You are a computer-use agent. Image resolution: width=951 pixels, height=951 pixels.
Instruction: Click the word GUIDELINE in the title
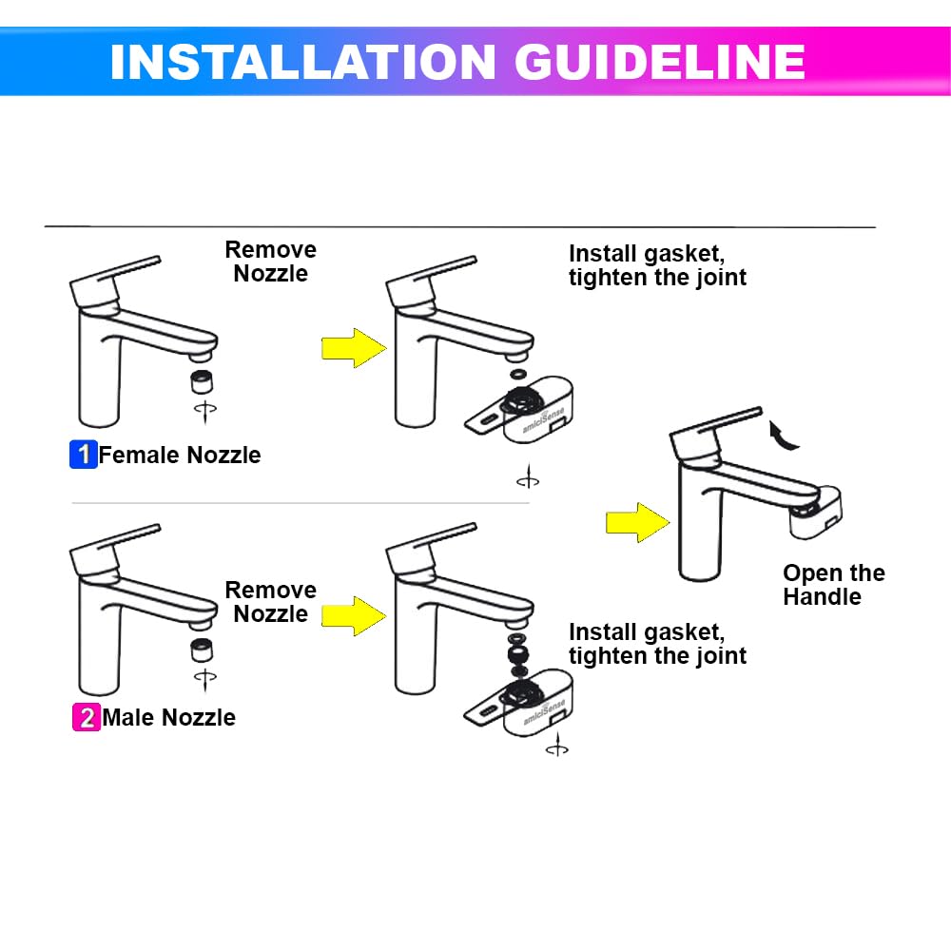pos(660,62)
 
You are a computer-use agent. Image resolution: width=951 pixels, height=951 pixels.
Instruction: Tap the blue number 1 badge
pos(84,455)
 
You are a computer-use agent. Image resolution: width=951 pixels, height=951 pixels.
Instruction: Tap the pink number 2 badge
pos(86,717)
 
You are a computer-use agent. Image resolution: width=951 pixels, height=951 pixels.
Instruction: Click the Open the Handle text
pos(833,585)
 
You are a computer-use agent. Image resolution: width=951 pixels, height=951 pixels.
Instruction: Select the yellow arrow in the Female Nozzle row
pos(353,348)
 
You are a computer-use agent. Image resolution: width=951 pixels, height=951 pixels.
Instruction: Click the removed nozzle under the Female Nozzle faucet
pos(201,381)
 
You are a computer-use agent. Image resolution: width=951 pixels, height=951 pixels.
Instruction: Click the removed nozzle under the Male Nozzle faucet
pos(201,650)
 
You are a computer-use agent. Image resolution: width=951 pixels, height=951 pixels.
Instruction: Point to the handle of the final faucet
pos(718,426)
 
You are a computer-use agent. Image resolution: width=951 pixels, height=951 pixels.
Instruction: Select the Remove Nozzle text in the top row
pos(270,262)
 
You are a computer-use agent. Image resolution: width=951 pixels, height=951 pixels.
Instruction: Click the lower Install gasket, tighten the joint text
pos(657,644)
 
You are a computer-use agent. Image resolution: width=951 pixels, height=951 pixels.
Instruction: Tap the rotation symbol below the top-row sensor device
pos(528,480)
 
